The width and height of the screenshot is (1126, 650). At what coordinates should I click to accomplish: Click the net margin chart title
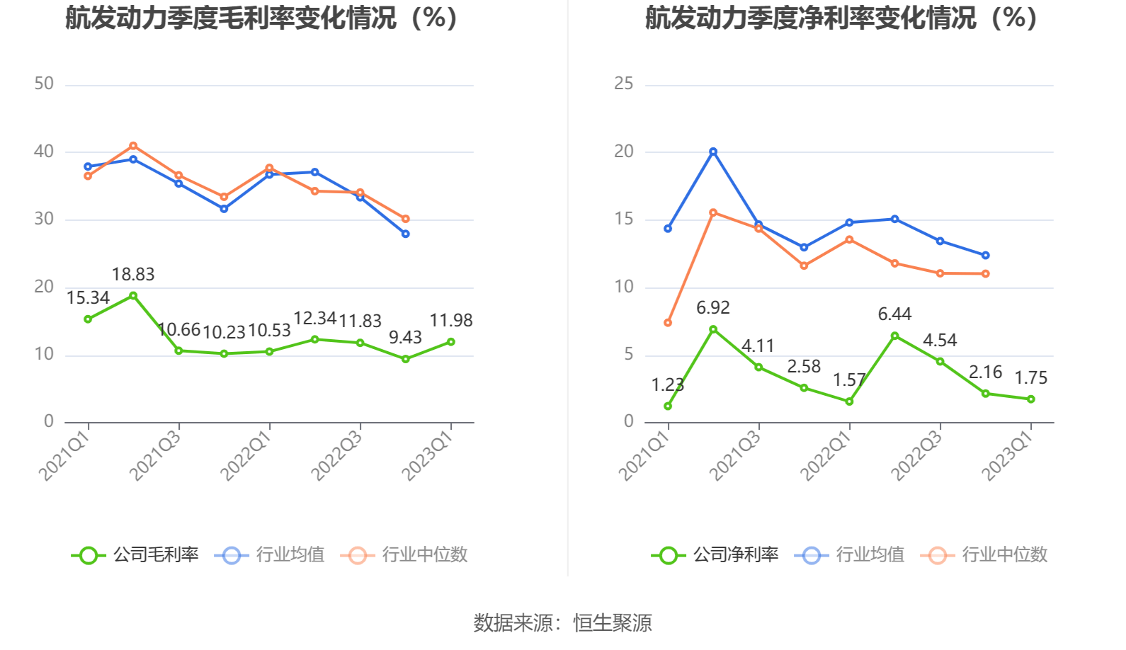[843, 18]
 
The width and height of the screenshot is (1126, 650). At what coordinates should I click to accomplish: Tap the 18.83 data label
[133, 275]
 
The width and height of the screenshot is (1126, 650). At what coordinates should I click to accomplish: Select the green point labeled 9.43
[406, 359]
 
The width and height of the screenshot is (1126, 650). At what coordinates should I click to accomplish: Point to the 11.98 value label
[451, 321]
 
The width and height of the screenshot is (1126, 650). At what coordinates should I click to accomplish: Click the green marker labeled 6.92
[713, 329]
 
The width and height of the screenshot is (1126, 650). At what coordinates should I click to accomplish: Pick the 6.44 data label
[894, 314]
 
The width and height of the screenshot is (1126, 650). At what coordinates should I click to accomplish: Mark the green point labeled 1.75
[1031, 399]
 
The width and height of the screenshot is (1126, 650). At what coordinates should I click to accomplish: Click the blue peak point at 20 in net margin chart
[713, 152]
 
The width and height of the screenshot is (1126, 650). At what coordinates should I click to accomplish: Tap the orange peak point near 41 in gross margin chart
[133, 146]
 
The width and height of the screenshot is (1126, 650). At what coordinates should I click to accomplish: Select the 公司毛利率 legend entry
[135, 555]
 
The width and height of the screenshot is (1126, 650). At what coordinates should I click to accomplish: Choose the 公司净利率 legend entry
[715, 555]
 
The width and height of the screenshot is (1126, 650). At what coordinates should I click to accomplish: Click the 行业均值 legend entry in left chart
[270, 555]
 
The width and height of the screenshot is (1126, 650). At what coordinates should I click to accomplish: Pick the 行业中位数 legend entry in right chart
[984, 555]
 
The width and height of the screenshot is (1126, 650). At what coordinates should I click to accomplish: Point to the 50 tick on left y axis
[44, 84]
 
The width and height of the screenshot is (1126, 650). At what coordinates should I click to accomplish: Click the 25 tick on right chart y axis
[624, 84]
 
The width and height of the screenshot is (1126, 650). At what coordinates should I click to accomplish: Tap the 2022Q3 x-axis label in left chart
[338, 455]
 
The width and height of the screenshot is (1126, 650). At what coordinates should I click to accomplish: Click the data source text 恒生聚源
[613, 623]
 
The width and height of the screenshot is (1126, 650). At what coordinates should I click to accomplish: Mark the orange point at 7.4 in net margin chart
[668, 323]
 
